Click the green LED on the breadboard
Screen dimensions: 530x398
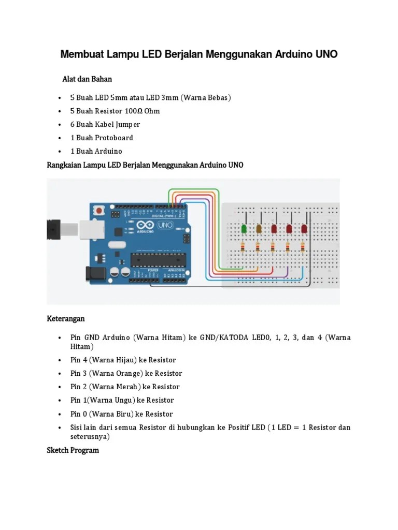[x=244, y=228]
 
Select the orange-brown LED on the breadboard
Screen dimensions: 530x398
[x=259, y=228]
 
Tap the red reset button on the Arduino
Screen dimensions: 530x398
[x=98, y=210]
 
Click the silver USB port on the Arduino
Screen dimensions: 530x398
[x=78, y=228]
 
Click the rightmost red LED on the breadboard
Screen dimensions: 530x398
[x=304, y=228]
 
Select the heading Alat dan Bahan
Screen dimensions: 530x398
[x=87, y=79]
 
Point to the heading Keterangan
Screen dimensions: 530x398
[x=66, y=318]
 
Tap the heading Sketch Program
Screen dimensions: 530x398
[x=73, y=450]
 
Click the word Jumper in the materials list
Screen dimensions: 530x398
[x=127, y=124]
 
